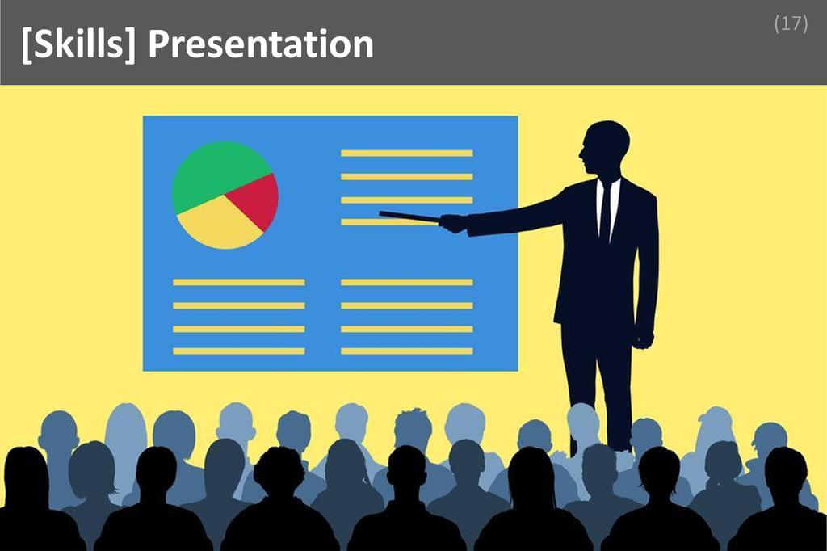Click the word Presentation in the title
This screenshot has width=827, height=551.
click(261, 44)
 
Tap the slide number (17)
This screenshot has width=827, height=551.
click(791, 23)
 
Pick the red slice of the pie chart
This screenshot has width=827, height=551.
click(257, 199)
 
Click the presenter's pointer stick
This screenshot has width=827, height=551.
click(409, 216)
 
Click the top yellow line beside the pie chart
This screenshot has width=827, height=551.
click(406, 153)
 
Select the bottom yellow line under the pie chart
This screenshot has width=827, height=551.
click(238, 351)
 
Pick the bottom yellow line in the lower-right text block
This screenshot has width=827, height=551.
click(406, 351)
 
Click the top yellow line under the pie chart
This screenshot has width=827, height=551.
click(238, 282)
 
